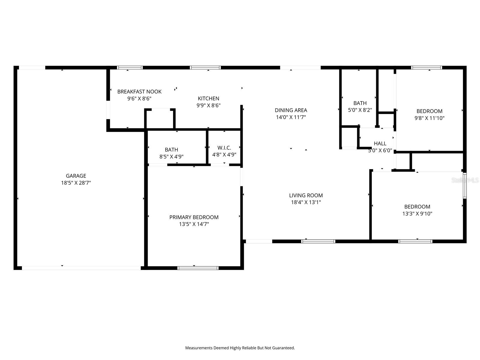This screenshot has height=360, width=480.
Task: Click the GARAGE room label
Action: (76, 176)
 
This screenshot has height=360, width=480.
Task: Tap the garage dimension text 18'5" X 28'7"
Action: (76, 183)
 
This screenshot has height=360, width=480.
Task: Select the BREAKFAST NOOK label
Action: (139, 91)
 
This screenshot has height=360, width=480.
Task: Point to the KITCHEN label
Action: (208, 98)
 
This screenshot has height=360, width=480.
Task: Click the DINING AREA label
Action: (291, 110)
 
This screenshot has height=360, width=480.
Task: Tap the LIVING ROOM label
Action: (306, 195)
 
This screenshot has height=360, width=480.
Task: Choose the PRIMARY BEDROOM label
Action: (194, 217)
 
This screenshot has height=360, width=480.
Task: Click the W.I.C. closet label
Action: (224, 148)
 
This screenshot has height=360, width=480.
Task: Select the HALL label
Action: (380, 143)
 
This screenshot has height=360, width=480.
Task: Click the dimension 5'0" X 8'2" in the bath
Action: (360, 110)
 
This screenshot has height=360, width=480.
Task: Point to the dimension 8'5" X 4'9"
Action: (171, 156)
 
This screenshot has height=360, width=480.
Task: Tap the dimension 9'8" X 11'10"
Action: (429, 118)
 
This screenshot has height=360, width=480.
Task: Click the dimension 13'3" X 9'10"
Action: (417, 214)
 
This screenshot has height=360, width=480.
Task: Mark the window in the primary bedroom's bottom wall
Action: (198, 268)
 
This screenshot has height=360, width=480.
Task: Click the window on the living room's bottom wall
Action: (318, 241)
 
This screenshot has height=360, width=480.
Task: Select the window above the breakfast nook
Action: (130, 67)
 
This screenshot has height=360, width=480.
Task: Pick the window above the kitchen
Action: (205, 67)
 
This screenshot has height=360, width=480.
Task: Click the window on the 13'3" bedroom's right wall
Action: (464, 185)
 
